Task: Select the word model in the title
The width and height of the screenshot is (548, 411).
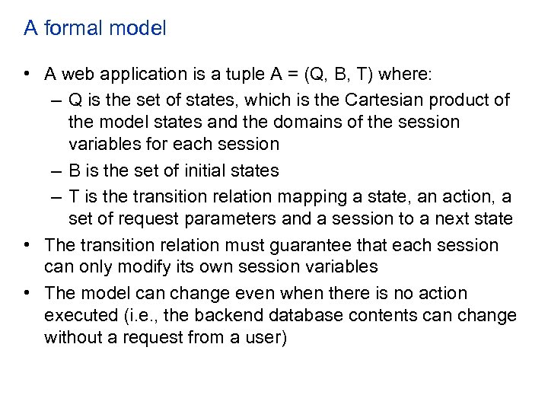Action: coord(138,29)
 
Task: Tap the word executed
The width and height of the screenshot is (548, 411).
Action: coord(78,315)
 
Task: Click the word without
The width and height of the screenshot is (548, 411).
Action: coord(73,337)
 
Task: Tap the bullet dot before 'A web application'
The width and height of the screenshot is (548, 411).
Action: coord(27,75)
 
